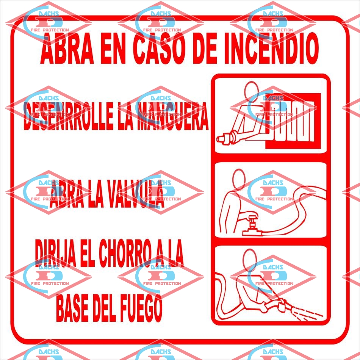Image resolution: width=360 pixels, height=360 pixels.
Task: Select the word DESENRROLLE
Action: [69, 116]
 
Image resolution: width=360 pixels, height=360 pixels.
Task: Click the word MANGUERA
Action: [172, 116]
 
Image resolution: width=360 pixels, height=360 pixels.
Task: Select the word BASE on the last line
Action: [72, 308]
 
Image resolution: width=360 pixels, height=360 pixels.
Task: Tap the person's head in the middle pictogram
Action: [239, 179]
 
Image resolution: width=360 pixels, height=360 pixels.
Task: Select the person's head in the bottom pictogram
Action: [250, 259]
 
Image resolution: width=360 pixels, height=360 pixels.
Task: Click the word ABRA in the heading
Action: [67, 48]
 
